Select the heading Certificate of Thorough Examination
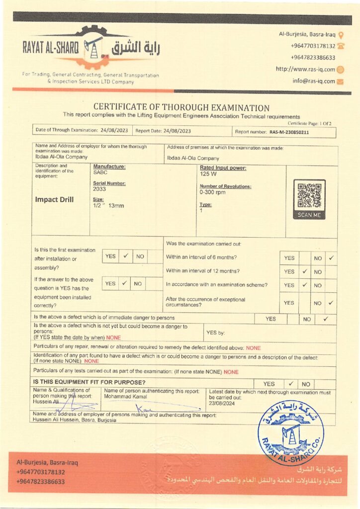[181, 107]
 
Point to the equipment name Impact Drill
[54, 200]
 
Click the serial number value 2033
[99, 189]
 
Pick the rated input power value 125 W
[207, 174]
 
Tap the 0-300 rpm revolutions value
[213, 192]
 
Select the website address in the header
[305, 69]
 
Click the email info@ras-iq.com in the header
[313, 81]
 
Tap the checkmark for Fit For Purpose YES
[291, 384]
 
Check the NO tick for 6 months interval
[331, 258]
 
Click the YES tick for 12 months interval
[304, 272]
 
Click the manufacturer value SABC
[100, 172]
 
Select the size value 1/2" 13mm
[108, 205]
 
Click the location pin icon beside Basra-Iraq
[341, 35]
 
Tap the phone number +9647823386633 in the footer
[41, 482]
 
